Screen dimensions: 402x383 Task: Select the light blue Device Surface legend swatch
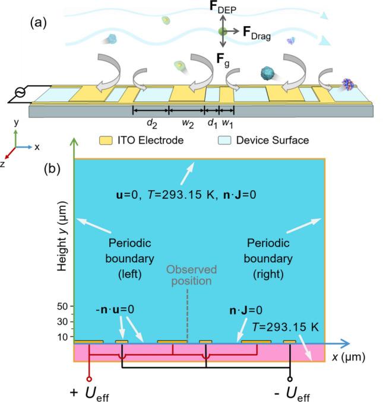tap(223, 141)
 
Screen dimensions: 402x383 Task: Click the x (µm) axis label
tap(350, 357)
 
